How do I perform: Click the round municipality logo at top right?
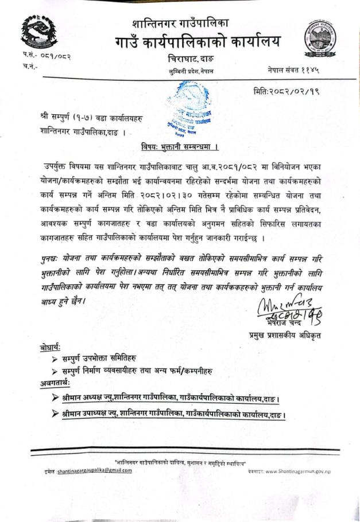point(320,38)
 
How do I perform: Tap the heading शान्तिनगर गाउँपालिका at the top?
point(180,23)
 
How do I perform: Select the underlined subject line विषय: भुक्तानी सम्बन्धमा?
point(179,146)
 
